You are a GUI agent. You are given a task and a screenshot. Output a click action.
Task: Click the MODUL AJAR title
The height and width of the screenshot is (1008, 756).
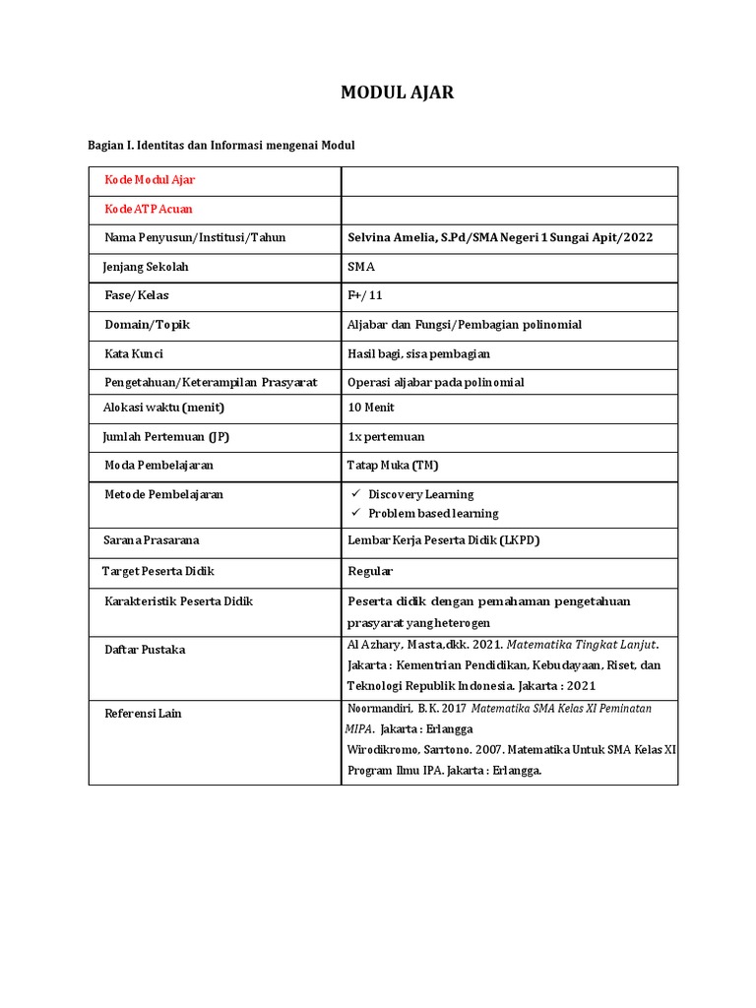(398, 94)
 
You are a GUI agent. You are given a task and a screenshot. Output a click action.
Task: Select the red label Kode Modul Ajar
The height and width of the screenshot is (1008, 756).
(150, 180)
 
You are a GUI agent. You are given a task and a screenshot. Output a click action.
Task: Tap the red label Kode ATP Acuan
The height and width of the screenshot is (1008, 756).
(149, 209)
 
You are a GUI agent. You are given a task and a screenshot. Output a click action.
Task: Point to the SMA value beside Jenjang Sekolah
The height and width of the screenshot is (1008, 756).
(361, 267)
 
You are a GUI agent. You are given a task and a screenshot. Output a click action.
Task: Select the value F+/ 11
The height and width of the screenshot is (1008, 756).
(367, 295)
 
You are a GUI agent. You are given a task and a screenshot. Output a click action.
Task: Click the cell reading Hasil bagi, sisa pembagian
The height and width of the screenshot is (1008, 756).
(418, 353)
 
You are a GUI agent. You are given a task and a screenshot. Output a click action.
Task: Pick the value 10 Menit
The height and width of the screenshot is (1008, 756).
(372, 408)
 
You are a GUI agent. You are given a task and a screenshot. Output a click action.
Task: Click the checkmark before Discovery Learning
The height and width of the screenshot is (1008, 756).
(357, 494)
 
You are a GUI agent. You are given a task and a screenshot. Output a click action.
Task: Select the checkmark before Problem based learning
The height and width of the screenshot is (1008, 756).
(357, 513)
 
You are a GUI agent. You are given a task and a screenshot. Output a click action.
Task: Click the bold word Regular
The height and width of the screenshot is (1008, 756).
(370, 571)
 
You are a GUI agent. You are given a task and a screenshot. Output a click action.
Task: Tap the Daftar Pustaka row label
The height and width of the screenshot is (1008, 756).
(145, 650)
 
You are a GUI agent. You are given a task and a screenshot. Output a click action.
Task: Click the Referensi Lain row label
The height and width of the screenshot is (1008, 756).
(143, 714)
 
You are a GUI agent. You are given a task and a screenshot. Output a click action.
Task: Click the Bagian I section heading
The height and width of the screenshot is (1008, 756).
(220, 145)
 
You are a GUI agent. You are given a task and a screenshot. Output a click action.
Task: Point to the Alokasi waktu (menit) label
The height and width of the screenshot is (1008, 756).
(164, 408)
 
